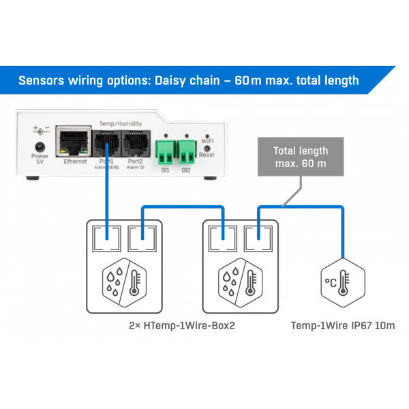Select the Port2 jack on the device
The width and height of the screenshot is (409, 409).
click(x=134, y=142)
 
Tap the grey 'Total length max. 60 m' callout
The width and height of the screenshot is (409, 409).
click(x=301, y=157)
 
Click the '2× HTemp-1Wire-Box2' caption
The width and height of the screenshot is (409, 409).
click(x=181, y=327)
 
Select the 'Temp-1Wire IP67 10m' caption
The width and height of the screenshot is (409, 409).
click(x=343, y=327)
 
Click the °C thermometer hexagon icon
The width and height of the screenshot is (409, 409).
click(x=339, y=281)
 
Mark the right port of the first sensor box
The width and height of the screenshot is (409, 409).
click(x=142, y=238)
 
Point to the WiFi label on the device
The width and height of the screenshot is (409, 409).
click(x=207, y=141)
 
